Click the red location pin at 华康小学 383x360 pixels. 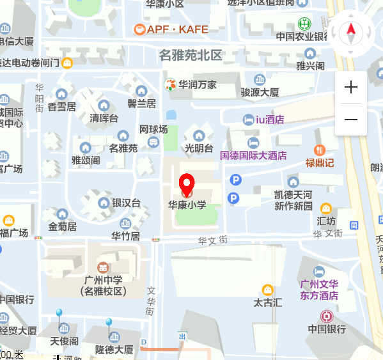pyautogui.click(x=187, y=184)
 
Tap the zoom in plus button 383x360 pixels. pyautogui.click(x=351, y=88)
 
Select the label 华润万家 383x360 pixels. pyautogui.click(x=197, y=84)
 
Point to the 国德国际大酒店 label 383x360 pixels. pyautogui.click(x=253, y=155)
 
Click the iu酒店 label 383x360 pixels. pyautogui.click(x=269, y=120)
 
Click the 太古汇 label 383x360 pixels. pyautogui.click(x=267, y=302)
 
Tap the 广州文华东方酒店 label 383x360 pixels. pyautogui.click(x=319, y=290)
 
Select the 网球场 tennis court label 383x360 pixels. pyautogui.click(x=153, y=130)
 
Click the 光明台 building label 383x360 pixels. pyautogui.click(x=199, y=148)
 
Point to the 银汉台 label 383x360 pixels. pyautogui.click(x=126, y=203)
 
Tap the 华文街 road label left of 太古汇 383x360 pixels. pyautogui.click(x=213, y=240)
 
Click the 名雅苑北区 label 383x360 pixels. pyautogui.click(x=191, y=55)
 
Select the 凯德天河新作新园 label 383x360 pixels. pyautogui.click(x=293, y=200)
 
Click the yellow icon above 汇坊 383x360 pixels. pyautogui.click(x=326, y=208)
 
